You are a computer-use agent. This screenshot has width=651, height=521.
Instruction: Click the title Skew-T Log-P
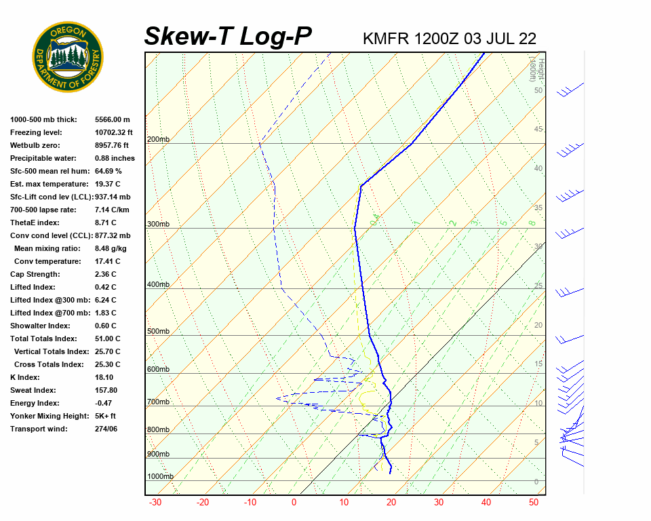point(228,36)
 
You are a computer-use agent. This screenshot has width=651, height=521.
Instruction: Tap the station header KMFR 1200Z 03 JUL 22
point(450,38)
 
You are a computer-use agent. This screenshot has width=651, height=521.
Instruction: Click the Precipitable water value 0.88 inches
point(115,158)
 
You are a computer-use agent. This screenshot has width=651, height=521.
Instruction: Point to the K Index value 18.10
point(104,377)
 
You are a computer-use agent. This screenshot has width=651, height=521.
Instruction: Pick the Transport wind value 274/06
point(106,429)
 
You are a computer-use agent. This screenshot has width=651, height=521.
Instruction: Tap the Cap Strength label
point(35,274)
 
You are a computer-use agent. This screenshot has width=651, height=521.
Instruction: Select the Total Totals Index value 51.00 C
point(108,339)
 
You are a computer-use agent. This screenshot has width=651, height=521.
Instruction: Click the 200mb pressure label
point(158,139)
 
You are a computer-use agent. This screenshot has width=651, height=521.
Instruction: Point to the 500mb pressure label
point(158,332)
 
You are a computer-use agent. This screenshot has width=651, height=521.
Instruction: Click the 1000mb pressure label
point(160,476)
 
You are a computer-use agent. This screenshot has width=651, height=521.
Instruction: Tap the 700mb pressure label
point(158,402)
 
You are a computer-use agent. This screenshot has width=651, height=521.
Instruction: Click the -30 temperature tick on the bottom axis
point(155,503)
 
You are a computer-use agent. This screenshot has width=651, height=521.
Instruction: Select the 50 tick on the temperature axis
point(534,503)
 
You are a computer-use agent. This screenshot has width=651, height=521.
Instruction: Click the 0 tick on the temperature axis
point(294,503)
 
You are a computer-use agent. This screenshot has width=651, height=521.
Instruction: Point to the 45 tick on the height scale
point(538,130)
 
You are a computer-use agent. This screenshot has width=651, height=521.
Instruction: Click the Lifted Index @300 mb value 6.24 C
point(105,300)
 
